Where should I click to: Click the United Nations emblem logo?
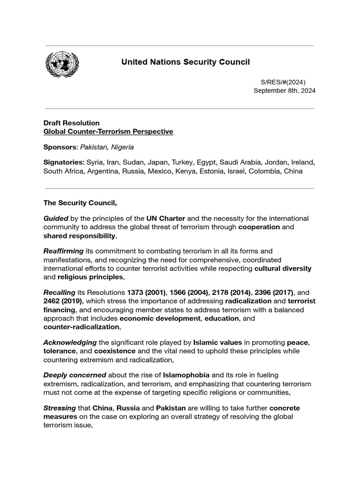point(62,65)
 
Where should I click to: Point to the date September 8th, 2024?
point(285,90)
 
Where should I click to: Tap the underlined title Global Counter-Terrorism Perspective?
point(108,132)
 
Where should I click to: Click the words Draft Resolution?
point(72,123)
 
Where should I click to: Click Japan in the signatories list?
point(158,162)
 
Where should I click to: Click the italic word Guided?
point(56,218)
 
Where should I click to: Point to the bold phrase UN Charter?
point(165,218)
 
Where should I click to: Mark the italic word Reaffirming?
point(63,251)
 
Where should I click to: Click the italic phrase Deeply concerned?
point(75,375)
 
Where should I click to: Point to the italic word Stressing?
point(60,408)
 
